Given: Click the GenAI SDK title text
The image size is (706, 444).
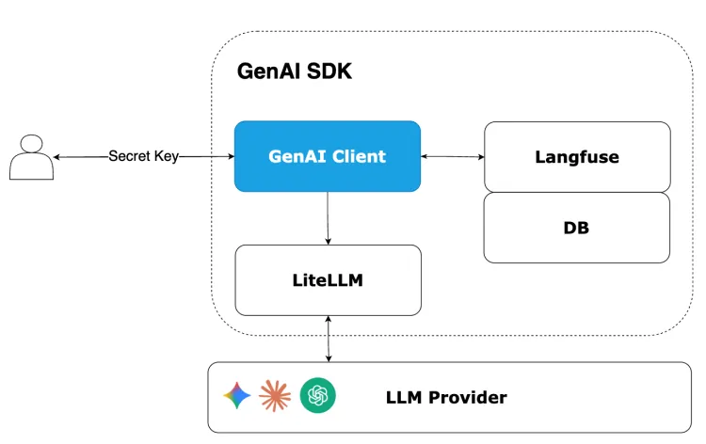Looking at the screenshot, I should click(294, 71).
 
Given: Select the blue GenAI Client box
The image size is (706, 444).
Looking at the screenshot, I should click(327, 156).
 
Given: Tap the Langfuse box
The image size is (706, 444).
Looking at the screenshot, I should click(577, 156).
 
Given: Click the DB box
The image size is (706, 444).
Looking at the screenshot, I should click(576, 227).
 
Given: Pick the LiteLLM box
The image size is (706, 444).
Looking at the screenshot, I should click(327, 279).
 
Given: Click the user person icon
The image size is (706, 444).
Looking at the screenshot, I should click(31, 157).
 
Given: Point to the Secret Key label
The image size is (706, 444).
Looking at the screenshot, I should click(143, 156).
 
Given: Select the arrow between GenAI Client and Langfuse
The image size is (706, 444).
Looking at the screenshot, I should click(452, 156).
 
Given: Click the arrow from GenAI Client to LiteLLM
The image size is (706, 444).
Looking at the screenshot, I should click(328, 217).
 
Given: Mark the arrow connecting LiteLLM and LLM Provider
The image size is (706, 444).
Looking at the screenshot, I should click(328, 339).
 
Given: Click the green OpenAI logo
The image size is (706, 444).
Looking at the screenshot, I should click(318, 396).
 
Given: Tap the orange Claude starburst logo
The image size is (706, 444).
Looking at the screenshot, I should click(275, 396).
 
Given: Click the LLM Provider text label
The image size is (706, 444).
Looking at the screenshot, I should click(446, 397).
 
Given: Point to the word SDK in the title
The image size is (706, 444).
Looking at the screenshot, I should click(329, 71).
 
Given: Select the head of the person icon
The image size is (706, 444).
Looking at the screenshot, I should click(31, 144).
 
